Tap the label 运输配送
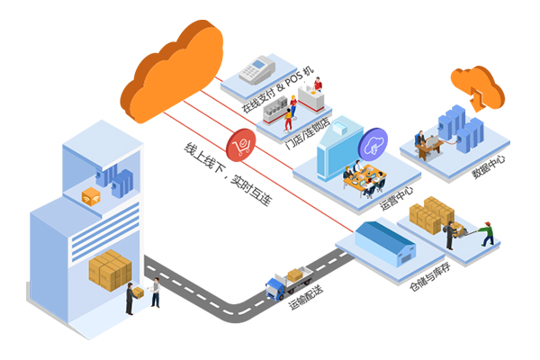click(310, 298)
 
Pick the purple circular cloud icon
click(372, 143)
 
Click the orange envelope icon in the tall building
click(90, 197)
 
